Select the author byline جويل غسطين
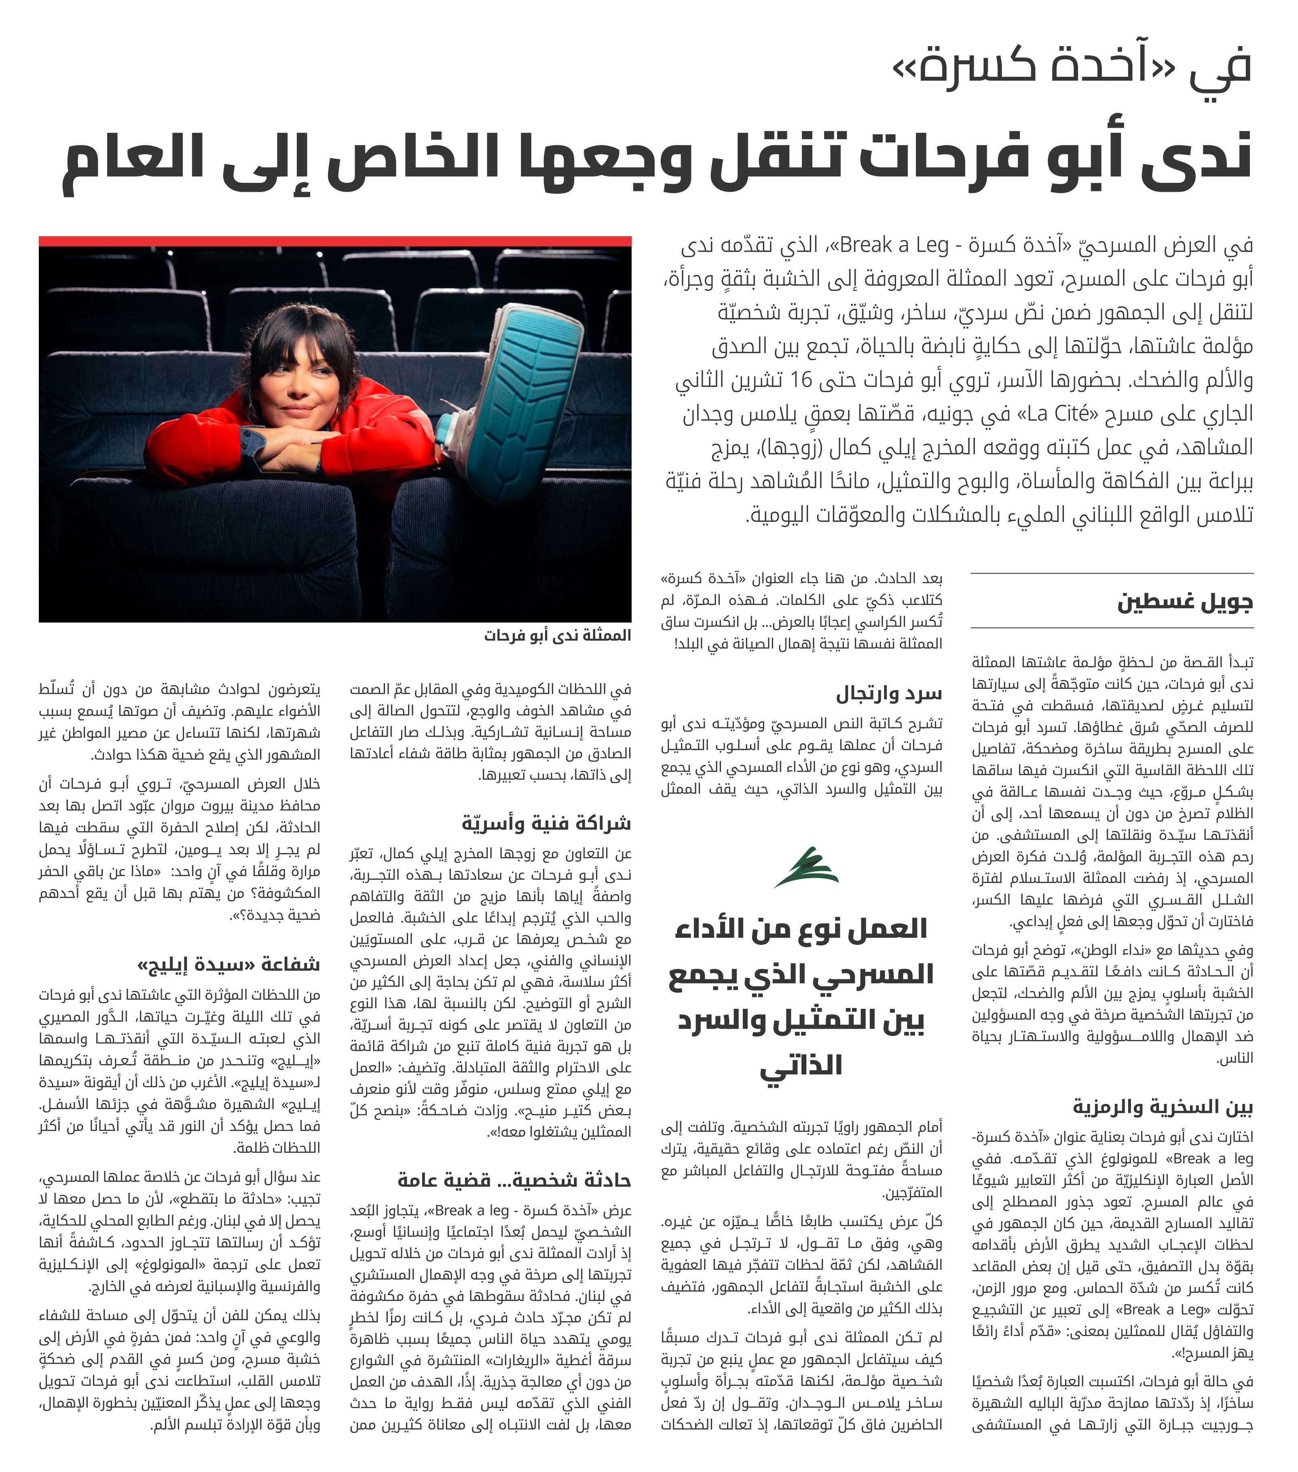tap(1184, 602)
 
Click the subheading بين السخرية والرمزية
tap(1162, 1107)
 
